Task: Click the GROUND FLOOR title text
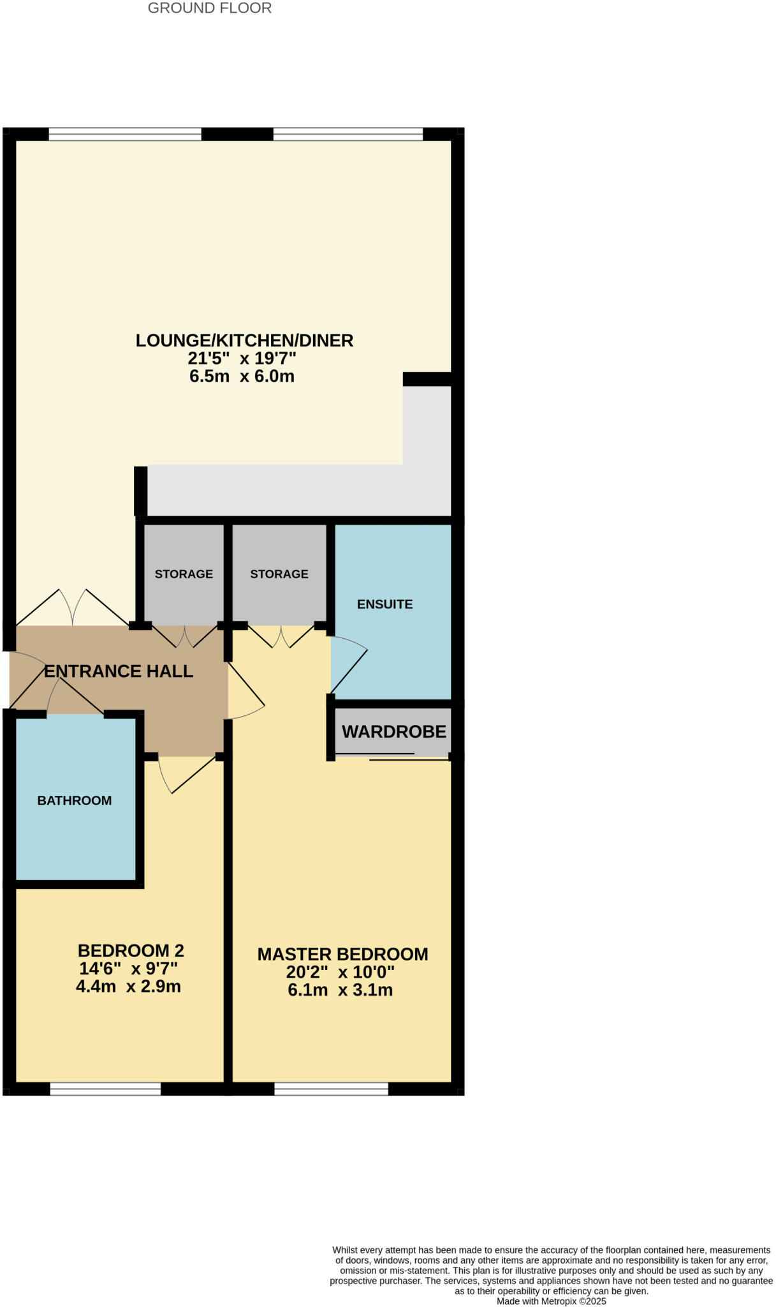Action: click(209, 8)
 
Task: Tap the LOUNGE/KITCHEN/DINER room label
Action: click(244, 340)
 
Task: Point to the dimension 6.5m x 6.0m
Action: click(242, 377)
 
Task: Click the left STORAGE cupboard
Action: click(184, 574)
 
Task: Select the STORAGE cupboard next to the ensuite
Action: click(279, 574)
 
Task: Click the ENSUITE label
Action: click(384, 604)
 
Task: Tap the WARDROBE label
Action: click(393, 731)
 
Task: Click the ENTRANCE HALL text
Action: click(119, 671)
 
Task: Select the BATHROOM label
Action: click(75, 800)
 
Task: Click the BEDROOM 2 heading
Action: click(131, 951)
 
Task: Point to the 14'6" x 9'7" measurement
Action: click(128, 969)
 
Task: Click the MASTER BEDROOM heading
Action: click(342, 954)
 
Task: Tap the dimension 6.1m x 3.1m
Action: click(340, 990)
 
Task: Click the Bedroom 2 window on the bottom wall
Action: click(105, 1089)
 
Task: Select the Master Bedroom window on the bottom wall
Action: click(331, 1089)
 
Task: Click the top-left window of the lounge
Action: click(125, 134)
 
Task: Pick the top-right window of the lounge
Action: click(348, 134)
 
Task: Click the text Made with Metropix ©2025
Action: click(551, 1301)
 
